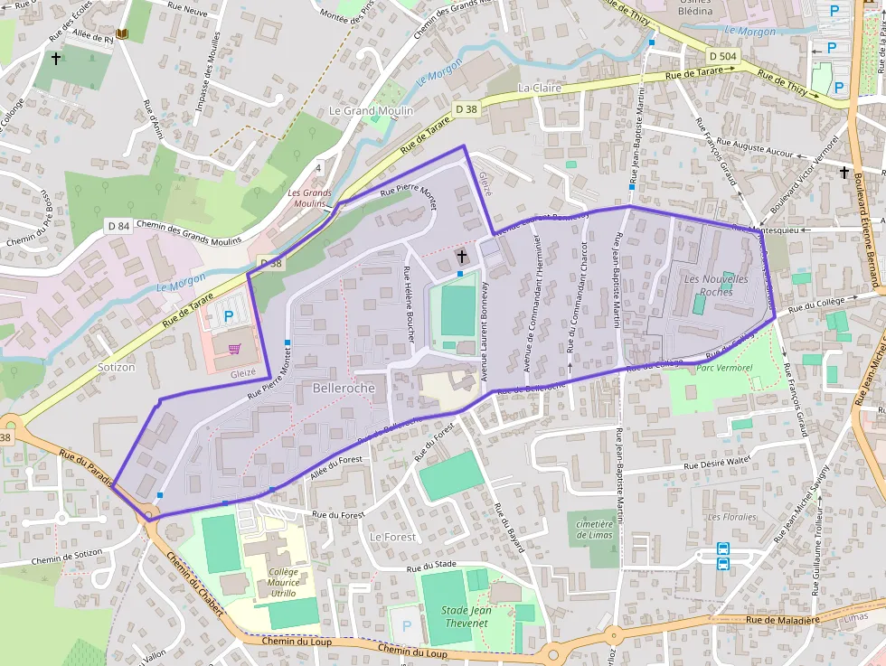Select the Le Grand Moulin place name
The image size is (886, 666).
(x=371, y=111)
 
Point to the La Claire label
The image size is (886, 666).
(x=540, y=89)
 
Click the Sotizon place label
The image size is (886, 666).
(x=116, y=368)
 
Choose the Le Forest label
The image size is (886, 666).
(x=393, y=537)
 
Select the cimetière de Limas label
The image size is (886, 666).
(x=595, y=530)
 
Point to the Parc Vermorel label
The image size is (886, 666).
(x=725, y=368)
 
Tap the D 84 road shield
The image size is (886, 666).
(x=118, y=225)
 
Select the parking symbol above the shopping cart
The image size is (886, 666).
(x=229, y=317)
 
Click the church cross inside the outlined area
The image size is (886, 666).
(x=461, y=257)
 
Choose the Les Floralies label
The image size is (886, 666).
(x=731, y=517)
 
